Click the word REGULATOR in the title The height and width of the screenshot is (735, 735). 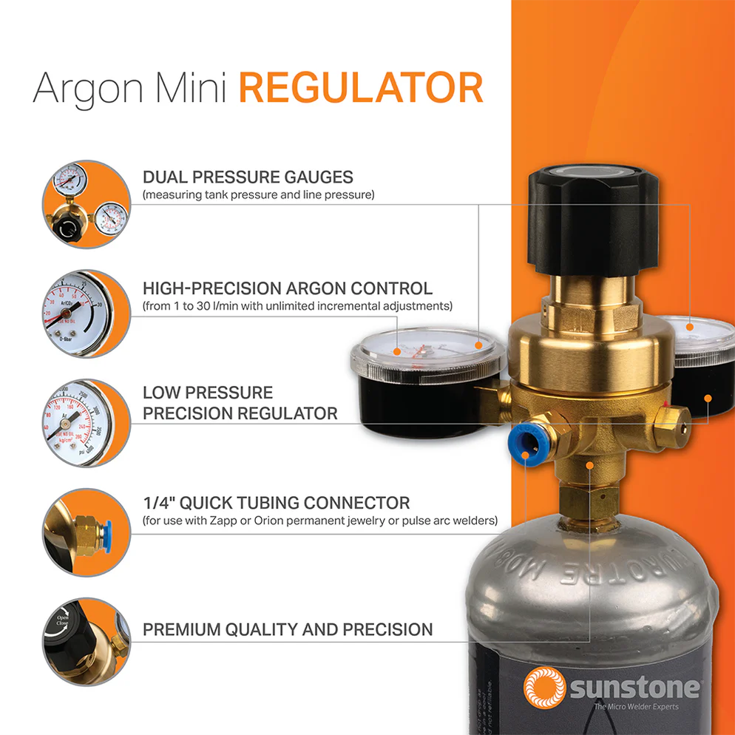coord(361,89)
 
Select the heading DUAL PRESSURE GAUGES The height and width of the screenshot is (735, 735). coord(248,177)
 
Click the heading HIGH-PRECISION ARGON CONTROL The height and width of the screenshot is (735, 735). coord(288,288)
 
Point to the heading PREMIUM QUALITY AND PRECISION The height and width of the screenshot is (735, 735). coord(288,630)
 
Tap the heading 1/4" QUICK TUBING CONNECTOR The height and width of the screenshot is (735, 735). coord(276,504)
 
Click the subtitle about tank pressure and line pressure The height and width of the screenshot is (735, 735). coord(259,195)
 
